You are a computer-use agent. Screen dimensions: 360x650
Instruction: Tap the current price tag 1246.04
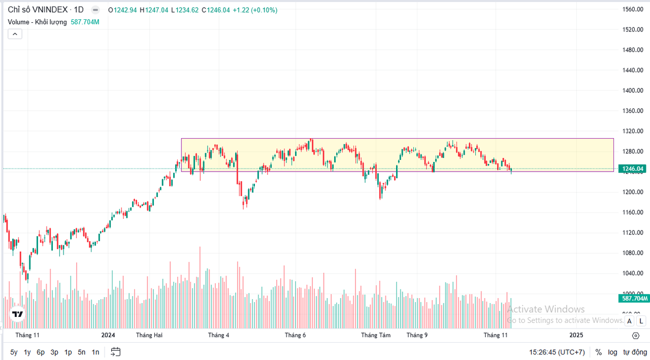[x=633, y=169]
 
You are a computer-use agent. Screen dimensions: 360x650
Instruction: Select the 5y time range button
[x=14, y=352]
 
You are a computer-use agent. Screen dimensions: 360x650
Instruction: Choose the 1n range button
[x=95, y=352]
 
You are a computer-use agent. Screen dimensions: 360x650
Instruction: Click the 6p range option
[x=41, y=352]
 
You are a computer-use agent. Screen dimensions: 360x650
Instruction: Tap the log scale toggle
[x=613, y=352]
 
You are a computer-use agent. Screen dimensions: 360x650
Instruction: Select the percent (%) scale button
[x=599, y=352]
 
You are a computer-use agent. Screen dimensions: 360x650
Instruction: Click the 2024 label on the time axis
[x=108, y=335]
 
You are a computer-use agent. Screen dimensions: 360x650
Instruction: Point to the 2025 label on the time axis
[x=576, y=335]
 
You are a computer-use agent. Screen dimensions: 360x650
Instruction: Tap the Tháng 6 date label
[x=296, y=335]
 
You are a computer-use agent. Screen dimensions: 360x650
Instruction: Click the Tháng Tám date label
[x=376, y=335]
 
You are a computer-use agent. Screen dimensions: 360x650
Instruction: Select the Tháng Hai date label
[x=149, y=335]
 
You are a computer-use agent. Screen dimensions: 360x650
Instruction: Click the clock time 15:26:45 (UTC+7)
[x=557, y=352]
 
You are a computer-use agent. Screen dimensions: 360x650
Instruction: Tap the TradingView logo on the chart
[x=18, y=314]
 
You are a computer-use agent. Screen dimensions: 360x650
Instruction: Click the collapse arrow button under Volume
[x=15, y=34]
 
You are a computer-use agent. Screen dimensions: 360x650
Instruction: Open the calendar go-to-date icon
[x=116, y=352]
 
